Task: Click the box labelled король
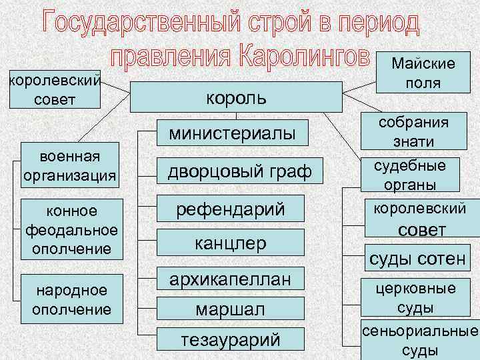[236, 97]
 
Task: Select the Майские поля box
[423, 73]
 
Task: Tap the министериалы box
[231, 133]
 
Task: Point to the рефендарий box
[230, 209]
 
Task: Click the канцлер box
[230, 243]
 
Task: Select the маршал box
[230, 310]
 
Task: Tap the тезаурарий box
[230, 341]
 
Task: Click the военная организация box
[70, 166]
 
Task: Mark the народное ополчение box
[71, 299]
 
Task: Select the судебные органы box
[414, 175]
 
